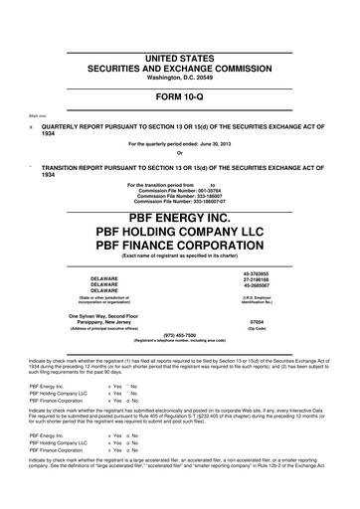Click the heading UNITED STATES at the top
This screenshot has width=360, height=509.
click(x=180, y=32)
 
